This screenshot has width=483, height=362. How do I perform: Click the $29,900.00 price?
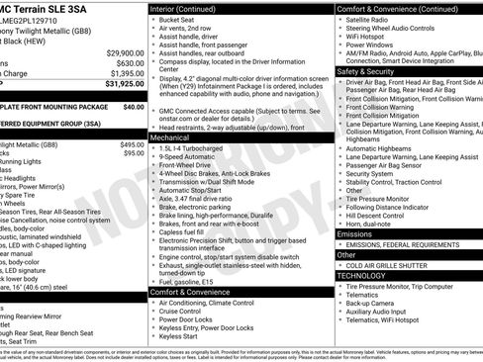[x=125, y=52]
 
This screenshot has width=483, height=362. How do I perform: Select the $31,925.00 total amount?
[x=124, y=84]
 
